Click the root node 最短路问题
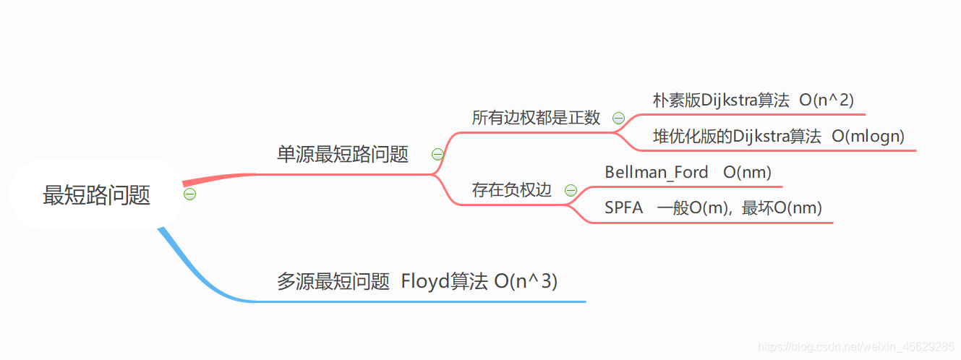(x=96, y=195)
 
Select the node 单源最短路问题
(x=343, y=154)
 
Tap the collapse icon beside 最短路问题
(x=189, y=194)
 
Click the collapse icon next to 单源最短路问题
(x=437, y=154)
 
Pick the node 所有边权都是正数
(x=536, y=118)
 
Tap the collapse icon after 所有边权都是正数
(x=618, y=118)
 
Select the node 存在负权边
(x=511, y=190)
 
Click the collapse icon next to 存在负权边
(x=571, y=190)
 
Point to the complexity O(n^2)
(x=827, y=100)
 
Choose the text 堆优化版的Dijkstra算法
(x=737, y=136)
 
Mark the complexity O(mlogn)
(x=868, y=136)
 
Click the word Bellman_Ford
(x=656, y=172)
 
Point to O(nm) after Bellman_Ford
(x=747, y=172)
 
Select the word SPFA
(x=623, y=208)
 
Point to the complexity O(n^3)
(x=526, y=281)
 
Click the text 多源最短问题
(x=333, y=281)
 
